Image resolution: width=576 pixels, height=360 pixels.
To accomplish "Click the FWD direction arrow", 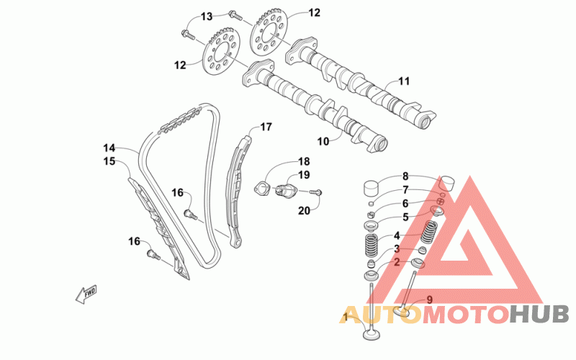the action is (x=86, y=294).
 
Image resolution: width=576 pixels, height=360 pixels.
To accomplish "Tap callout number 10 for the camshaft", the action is (x=324, y=141).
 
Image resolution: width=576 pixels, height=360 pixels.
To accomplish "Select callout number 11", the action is (x=403, y=81).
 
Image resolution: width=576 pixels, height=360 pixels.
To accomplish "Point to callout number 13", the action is (x=207, y=16).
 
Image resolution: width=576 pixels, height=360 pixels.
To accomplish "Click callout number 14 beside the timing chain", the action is (x=109, y=148).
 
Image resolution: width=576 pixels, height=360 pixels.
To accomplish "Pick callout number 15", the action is (x=109, y=161).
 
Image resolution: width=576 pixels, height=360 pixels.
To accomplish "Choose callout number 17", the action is (x=266, y=127).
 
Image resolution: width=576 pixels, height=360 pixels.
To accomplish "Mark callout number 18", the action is (x=304, y=161).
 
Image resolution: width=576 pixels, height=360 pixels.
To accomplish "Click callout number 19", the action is (x=304, y=175).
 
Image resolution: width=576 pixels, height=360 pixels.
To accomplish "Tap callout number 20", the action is (x=304, y=210).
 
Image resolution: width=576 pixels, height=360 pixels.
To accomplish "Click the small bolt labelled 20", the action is (x=318, y=192).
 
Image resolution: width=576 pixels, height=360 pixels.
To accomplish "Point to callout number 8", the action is (x=405, y=176).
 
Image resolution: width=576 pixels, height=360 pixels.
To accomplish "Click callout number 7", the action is (x=405, y=190).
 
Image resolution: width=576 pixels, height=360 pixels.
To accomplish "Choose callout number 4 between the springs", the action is (x=396, y=235).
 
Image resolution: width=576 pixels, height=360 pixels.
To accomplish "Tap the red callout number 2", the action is (x=396, y=262).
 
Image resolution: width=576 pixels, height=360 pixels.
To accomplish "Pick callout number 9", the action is (x=429, y=300).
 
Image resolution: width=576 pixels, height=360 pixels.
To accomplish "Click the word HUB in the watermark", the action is (x=539, y=315).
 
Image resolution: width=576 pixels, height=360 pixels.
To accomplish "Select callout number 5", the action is (x=405, y=217).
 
